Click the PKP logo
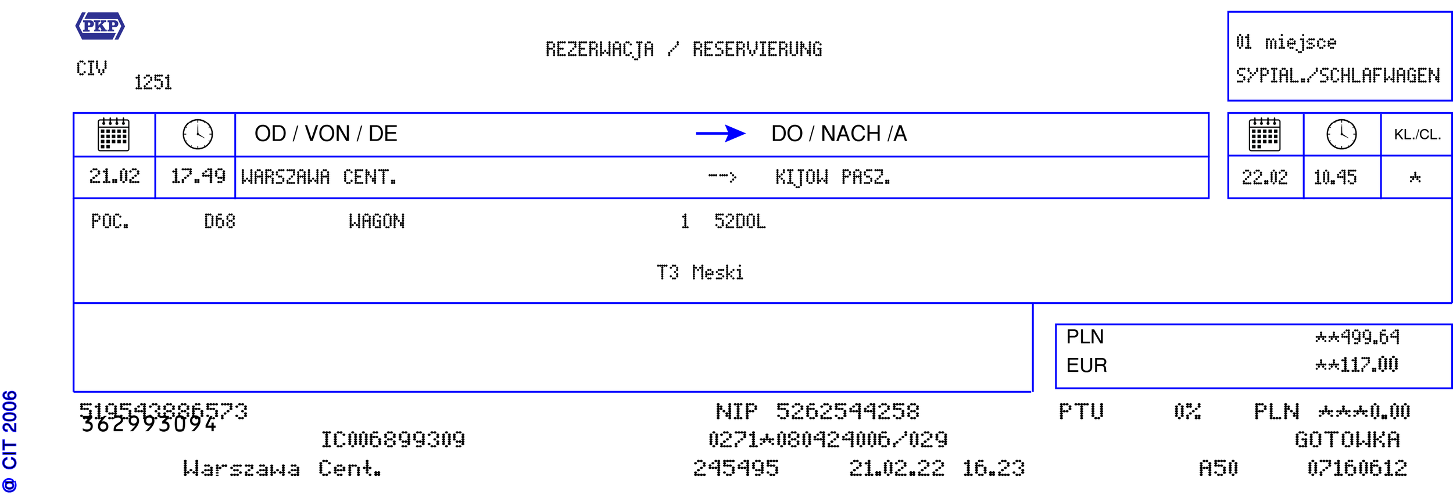tap(100, 26)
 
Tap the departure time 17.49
tap(198, 176)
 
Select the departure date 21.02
tap(114, 176)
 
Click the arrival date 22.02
tap(1265, 177)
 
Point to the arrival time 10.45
tap(1335, 177)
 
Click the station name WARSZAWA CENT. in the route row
tap(318, 177)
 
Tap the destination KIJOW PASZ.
tap(832, 177)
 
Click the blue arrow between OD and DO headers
tap(720, 134)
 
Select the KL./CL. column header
tap(1417, 135)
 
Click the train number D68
tap(220, 221)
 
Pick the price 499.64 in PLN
tap(1357, 337)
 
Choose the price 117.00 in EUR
tap(1357, 365)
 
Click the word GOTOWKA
tap(1347, 440)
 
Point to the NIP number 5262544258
tap(847, 411)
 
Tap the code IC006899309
tap(393, 440)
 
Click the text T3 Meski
tap(700, 272)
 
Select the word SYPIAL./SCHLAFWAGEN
tap(1338, 76)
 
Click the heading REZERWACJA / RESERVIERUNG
tap(683, 49)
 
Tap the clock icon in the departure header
tap(198, 134)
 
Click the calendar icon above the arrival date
tap(1265, 134)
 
